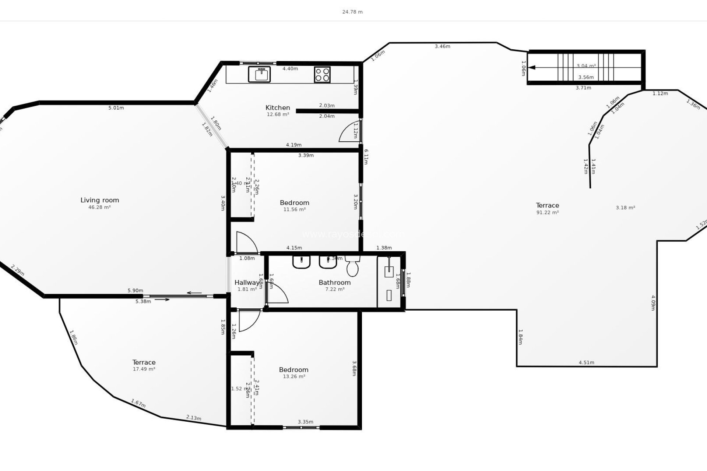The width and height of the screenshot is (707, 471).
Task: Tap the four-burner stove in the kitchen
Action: [322, 74]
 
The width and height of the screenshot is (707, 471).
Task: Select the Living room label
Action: [100, 200]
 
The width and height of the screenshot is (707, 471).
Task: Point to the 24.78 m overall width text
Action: [352, 12]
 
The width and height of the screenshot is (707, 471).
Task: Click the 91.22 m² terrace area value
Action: [548, 212]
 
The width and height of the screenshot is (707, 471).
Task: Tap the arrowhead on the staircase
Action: [532, 67]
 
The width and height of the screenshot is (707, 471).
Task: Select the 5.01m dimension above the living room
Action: [116, 108]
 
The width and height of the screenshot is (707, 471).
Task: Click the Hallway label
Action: [247, 283]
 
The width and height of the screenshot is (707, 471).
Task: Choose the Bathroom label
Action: [334, 283]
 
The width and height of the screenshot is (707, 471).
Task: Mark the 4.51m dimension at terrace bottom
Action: [586, 362]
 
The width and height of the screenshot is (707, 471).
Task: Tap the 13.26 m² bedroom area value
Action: [293, 376]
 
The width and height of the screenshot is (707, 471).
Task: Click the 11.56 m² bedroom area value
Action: [294, 209]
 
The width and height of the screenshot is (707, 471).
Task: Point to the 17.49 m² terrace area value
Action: [144, 369]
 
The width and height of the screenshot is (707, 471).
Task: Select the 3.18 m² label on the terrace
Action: [625, 208]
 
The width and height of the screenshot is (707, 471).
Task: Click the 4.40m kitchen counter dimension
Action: [290, 68]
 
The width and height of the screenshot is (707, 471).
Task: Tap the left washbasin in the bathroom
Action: [301, 262]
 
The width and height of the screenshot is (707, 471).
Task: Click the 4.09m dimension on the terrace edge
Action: [653, 302]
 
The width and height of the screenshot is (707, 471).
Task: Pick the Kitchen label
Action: [278, 107]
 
